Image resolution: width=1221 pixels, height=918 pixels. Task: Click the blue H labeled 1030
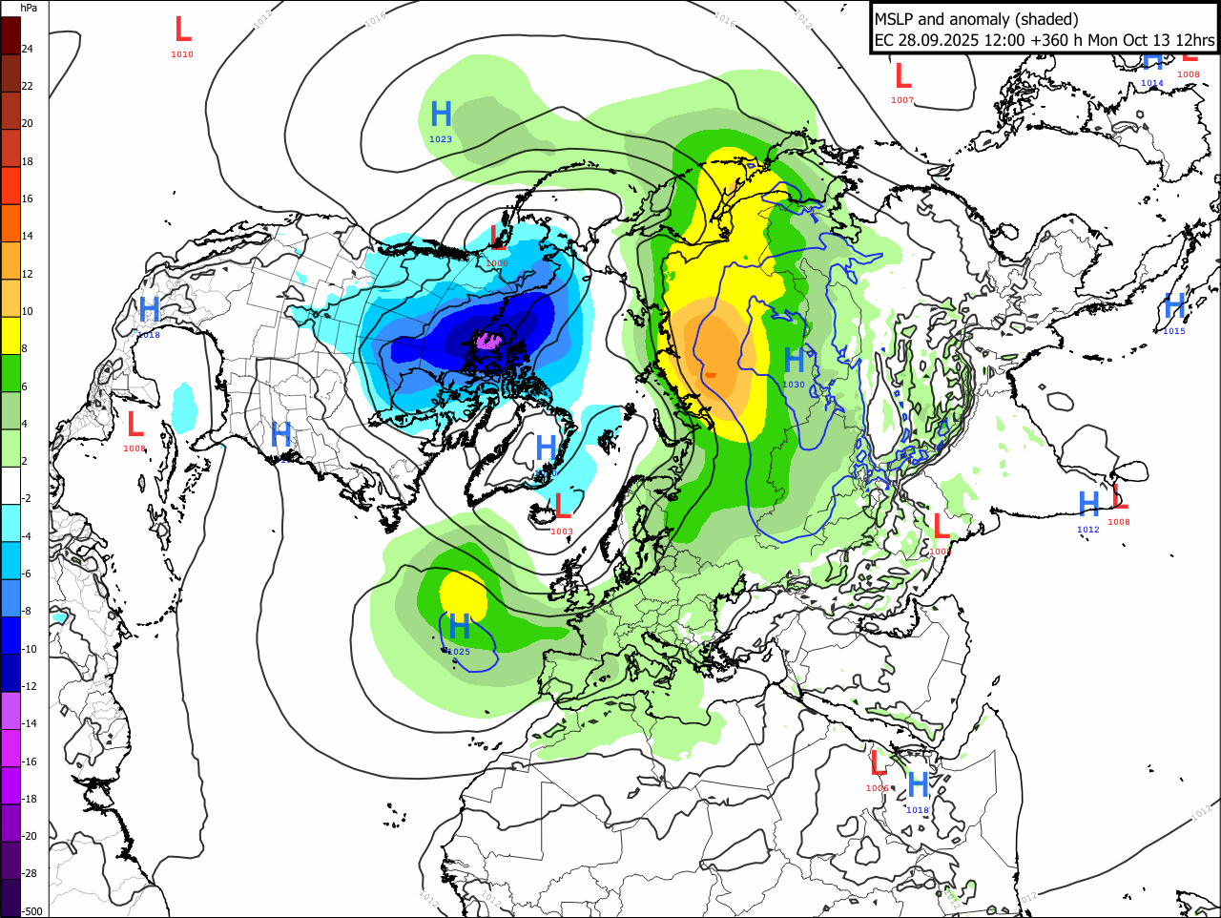coord(794,361)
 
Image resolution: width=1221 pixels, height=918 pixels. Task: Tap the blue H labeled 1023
coord(441,115)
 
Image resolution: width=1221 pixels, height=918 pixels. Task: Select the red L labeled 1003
coord(563,507)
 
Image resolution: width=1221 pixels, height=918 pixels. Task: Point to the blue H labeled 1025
coord(459,627)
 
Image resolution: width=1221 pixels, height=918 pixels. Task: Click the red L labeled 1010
coord(182,29)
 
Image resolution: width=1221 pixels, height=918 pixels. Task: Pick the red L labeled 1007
coord(902,75)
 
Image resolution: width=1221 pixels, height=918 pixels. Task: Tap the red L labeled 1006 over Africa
coord(878,763)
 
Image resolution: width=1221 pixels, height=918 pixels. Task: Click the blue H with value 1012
coord(1088,504)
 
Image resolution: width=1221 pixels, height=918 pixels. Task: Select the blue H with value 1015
coord(1174,306)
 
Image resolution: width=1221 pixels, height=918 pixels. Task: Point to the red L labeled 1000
coord(941,526)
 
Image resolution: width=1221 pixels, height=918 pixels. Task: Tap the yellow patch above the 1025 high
coord(464,594)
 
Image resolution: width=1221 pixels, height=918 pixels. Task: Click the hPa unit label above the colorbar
coord(29,8)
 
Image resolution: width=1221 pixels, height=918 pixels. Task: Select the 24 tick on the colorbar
coord(28,49)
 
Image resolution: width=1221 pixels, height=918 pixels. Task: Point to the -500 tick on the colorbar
coord(32,911)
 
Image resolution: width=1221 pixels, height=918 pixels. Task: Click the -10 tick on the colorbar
coord(30,649)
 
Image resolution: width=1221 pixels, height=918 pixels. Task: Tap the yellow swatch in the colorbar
coord(10,337)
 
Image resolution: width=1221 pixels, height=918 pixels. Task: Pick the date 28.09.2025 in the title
coord(937,40)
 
